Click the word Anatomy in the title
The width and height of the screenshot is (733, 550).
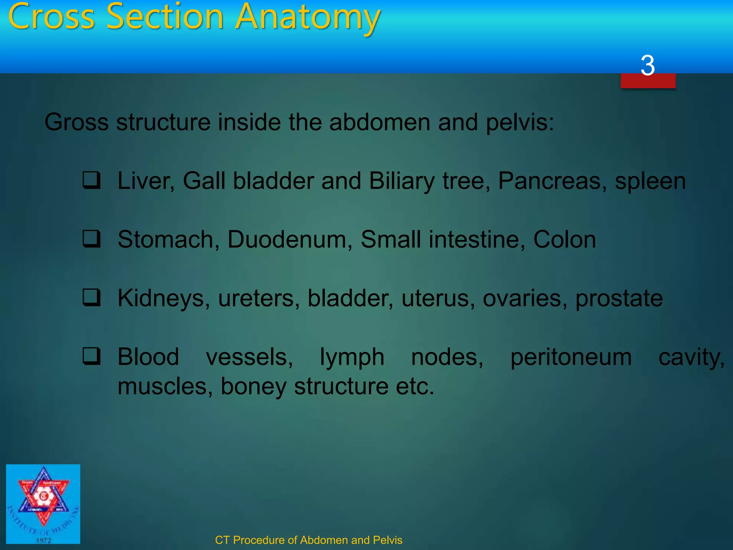click(308, 17)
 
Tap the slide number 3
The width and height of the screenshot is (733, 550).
click(647, 66)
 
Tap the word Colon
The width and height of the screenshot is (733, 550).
click(564, 240)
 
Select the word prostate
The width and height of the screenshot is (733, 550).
click(619, 299)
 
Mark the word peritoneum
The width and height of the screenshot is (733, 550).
click(571, 357)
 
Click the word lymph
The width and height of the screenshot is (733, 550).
click(352, 357)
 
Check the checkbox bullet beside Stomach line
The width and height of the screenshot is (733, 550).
click(92, 239)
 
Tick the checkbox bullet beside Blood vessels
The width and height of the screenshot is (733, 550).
click(92, 356)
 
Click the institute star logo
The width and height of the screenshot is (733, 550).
click(43, 503)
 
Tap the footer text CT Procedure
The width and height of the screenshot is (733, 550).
click(308, 540)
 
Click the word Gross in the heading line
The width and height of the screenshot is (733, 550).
click(76, 122)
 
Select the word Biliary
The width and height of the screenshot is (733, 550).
click(402, 181)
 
